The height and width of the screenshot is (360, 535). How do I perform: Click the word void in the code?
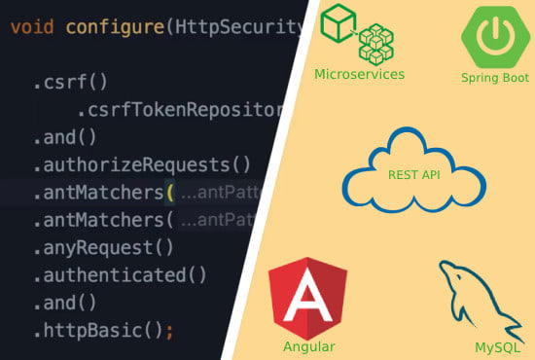(x=32, y=26)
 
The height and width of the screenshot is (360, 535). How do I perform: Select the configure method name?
(x=115, y=26)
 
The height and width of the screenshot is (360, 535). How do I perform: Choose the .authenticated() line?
(x=120, y=275)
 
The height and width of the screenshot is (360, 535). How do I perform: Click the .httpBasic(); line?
(x=102, y=331)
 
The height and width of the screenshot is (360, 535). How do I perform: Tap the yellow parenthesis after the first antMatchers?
(x=170, y=192)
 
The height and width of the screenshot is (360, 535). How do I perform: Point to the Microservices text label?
(x=359, y=74)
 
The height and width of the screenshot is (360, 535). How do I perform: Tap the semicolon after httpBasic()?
(x=169, y=331)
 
